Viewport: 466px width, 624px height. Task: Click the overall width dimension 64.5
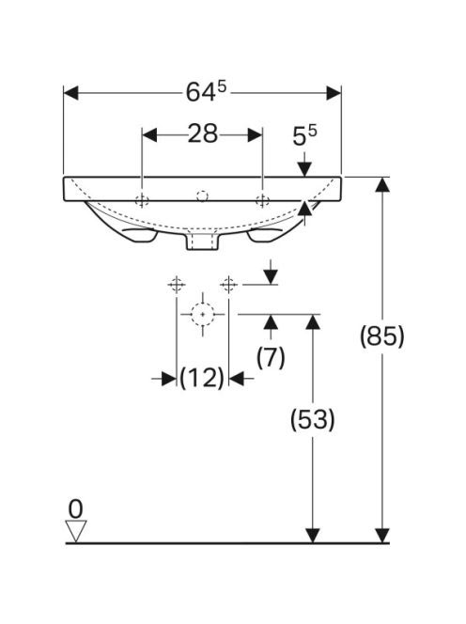coord(206,92)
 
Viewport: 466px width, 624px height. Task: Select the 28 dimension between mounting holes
coord(203,133)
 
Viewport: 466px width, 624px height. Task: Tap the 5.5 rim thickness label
coord(304,135)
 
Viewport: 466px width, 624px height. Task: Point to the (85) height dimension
coord(382,335)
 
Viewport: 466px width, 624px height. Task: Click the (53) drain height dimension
coord(313,419)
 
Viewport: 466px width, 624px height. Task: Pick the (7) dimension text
coord(271,357)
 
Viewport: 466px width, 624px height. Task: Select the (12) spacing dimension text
coord(202,378)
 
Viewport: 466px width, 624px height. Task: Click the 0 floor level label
coord(75,508)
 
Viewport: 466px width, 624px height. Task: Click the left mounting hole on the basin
coord(142,200)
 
